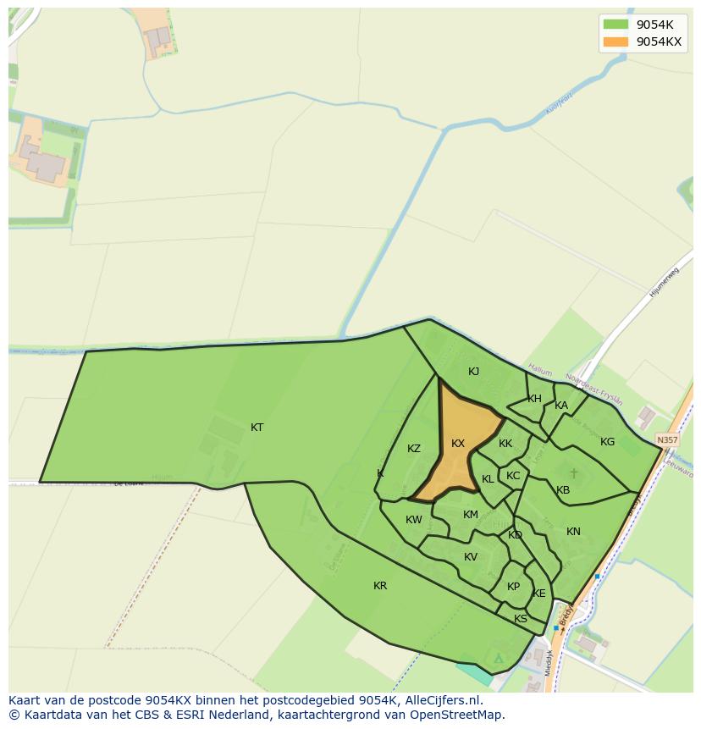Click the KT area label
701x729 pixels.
[x=257, y=428]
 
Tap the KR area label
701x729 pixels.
[x=380, y=586]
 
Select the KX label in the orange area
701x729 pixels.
[x=458, y=444]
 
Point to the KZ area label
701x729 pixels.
[x=414, y=449]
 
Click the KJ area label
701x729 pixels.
[x=474, y=372]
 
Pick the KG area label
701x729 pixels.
[x=607, y=442]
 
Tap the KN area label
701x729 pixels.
[x=573, y=532]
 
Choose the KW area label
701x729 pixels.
[x=413, y=520]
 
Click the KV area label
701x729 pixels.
[x=471, y=557]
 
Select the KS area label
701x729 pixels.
[x=521, y=619]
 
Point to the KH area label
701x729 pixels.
[x=534, y=399]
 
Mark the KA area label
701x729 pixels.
[x=561, y=406]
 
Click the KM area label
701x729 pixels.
[x=471, y=515]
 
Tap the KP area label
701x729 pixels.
[x=513, y=587]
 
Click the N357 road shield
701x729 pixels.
[x=667, y=440]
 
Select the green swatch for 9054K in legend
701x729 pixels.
[x=615, y=25]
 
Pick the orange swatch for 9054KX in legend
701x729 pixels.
[x=615, y=41]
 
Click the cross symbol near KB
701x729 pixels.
[x=573, y=473]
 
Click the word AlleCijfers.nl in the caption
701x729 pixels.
[x=442, y=700]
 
